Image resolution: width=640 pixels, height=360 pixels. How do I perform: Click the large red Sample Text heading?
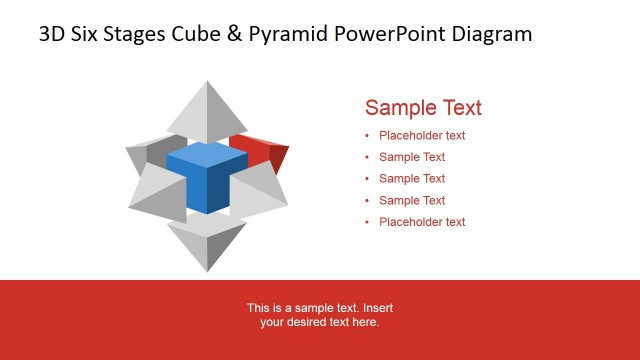click(x=423, y=108)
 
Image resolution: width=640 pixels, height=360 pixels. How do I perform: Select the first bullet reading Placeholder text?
click(x=422, y=136)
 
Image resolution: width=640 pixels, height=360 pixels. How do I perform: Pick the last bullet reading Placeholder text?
click(x=422, y=222)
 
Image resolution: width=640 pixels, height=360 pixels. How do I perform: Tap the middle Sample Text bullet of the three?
click(x=412, y=179)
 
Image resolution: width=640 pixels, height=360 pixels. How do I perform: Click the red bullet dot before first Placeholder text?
click(x=367, y=136)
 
